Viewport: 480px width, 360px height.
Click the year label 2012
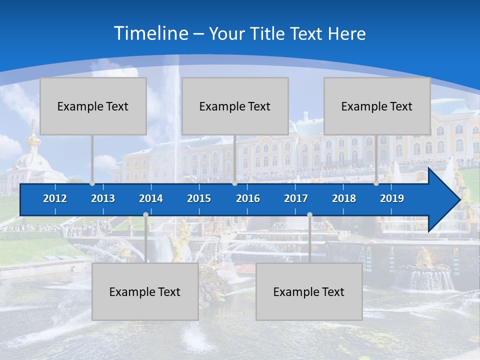55,198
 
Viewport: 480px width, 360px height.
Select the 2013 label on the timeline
103,198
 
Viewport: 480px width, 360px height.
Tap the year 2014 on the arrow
151,198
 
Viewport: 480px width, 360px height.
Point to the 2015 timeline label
199,198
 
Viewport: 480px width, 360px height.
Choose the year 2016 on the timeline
248,198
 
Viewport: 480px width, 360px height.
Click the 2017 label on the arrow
296,198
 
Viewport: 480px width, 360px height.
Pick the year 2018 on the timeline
344,198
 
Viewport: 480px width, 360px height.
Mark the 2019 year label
392,198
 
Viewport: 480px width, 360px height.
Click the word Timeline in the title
150,33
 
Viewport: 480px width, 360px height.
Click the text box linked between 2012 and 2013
93,106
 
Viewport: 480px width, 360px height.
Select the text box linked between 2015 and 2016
235,106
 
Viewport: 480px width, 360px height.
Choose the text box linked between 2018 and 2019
377,106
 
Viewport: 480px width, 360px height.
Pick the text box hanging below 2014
145,291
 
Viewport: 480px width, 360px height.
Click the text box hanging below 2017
309,291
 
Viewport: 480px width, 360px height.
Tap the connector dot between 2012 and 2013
92,183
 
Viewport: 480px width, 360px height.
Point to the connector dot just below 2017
309,215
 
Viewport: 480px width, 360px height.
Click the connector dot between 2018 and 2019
376,183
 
